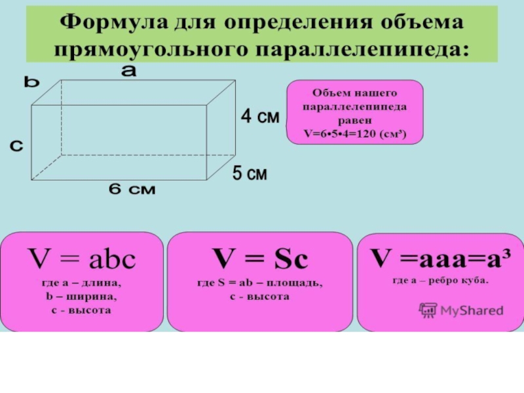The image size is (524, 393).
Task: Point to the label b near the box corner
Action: click(x=32, y=83)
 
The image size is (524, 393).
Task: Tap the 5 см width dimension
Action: click(x=250, y=174)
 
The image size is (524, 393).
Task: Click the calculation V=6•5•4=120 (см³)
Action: click(x=354, y=134)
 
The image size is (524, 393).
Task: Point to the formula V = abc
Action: click(x=80, y=260)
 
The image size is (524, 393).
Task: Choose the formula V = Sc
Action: click(x=260, y=260)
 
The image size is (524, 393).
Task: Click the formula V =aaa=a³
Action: click(x=441, y=257)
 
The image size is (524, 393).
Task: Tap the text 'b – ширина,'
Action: click(x=81, y=297)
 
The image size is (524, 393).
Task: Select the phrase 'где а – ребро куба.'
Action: click(x=440, y=280)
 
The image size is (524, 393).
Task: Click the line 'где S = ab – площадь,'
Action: click(x=260, y=284)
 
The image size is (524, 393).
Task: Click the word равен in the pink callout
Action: click(x=354, y=121)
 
